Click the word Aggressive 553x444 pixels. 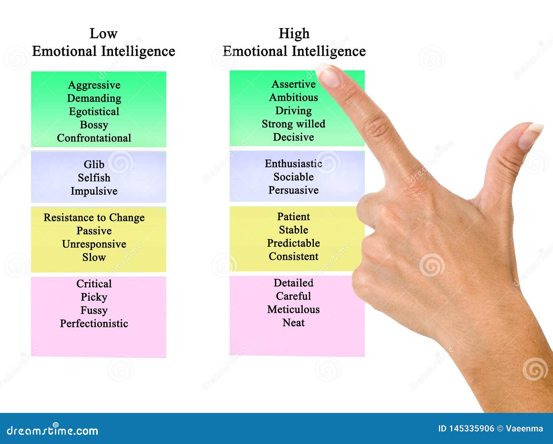[x=94, y=85]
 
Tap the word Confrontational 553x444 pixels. [x=94, y=138]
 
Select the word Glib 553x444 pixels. [x=94, y=164]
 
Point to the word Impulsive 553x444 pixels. [x=94, y=191]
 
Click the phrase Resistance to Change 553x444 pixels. [x=94, y=218]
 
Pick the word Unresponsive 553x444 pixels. [x=94, y=244]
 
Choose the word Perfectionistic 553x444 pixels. [x=94, y=324]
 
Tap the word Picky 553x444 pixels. [x=94, y=297]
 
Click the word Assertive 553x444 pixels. [x=293, y=84]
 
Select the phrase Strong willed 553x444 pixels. [x=293, y=124]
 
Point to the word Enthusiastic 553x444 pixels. [x=293, y=164]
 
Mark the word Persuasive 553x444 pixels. [x=293, y=190]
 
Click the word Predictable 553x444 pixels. [x=293, y=243]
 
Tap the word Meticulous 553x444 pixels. [x=293, y=309]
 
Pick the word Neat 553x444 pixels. [x=293, y=323]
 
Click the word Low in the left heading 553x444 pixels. [x=104, y=33]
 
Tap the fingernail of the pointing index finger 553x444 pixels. [x=329, y=76]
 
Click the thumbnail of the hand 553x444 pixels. [x=530, y=136]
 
